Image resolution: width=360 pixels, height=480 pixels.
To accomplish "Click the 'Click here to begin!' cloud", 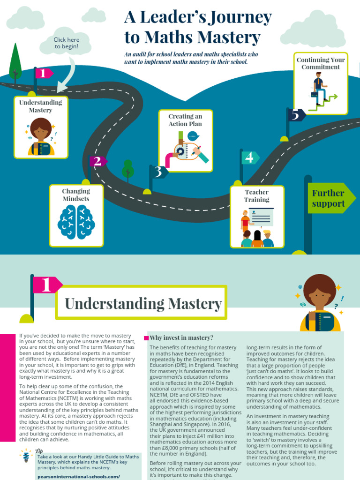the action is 66,43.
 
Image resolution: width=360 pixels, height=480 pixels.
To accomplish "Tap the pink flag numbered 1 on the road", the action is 44,73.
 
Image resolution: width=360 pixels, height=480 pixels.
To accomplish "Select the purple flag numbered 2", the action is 97,161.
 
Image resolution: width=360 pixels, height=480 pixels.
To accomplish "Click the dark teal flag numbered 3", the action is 158,172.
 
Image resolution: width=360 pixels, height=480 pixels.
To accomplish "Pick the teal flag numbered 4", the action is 249,157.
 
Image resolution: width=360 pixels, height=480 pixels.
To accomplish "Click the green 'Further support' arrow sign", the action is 330,198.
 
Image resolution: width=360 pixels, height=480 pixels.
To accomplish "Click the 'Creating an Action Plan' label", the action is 186,120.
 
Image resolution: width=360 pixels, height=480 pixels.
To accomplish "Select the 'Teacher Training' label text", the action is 257,196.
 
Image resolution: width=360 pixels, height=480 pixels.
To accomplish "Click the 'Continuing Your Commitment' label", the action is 321,63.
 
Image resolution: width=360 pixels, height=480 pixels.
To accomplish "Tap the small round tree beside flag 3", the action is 127,169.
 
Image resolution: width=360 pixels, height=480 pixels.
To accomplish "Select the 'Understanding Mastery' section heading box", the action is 142,303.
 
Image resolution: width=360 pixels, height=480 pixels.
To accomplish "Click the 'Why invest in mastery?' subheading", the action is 181,337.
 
